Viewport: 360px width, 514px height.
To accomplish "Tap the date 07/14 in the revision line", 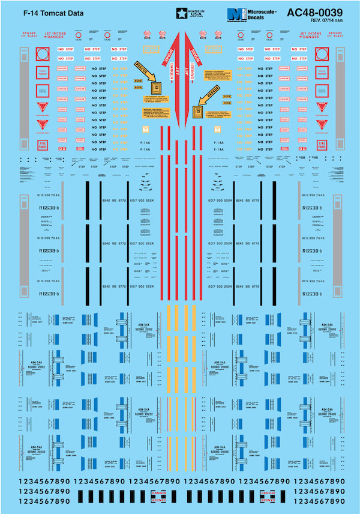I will (325, 22).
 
